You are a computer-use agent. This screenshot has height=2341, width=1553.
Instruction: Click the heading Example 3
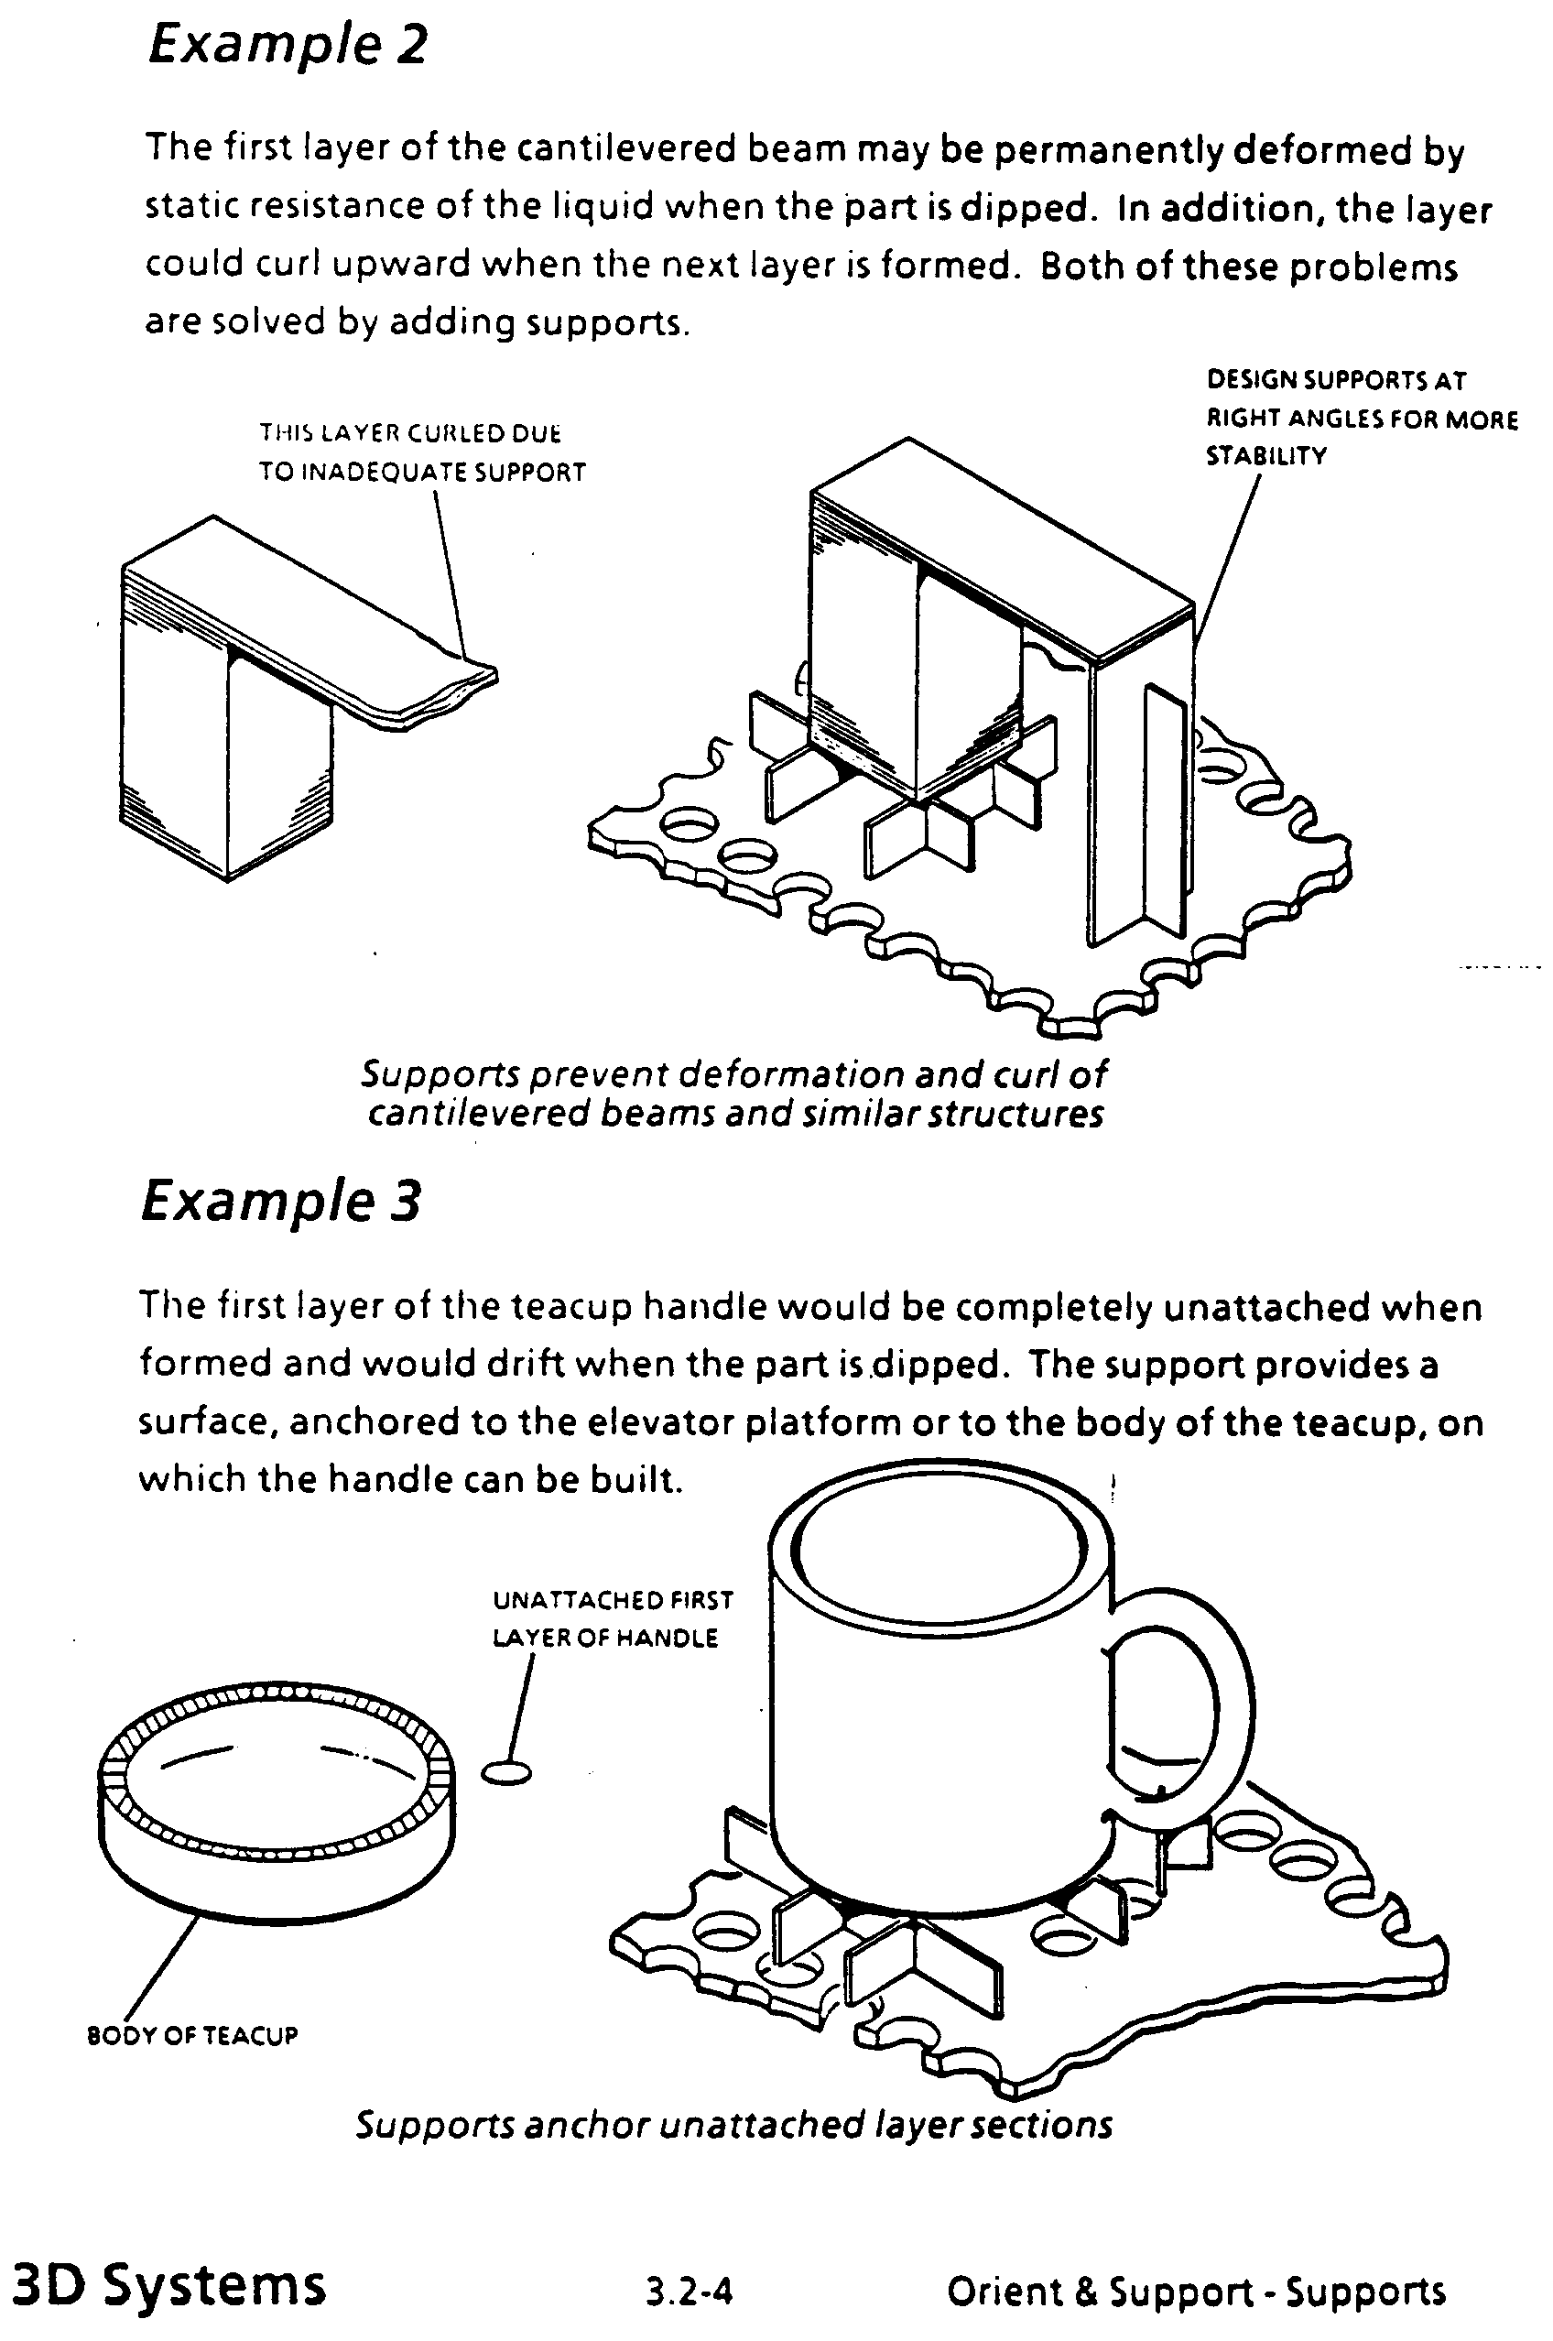[281, 1202]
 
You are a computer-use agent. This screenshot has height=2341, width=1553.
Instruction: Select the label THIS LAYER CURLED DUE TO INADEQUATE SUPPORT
[423, 452]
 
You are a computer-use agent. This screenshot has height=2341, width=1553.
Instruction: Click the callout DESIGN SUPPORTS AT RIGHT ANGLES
[1362, 418]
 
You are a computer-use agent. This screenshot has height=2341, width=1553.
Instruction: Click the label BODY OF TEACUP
[193, 2036]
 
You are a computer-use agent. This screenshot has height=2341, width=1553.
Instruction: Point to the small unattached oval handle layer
[506, 1772]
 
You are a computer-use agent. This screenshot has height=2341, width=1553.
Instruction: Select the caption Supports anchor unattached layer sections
[733, 2124]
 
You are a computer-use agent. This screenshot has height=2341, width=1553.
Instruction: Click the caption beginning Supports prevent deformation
[733, 1093]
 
